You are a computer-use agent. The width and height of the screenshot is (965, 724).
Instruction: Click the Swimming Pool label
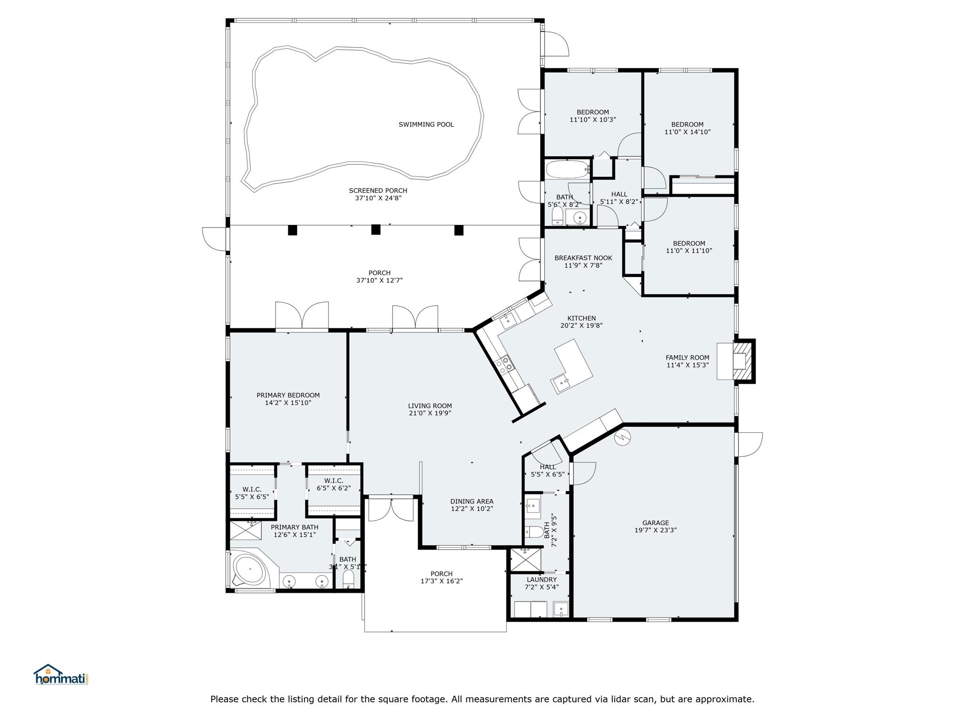point(426,124)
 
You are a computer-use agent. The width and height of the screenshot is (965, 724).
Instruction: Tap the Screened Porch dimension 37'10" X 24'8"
point(378,198)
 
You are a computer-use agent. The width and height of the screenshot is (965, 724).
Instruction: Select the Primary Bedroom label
point(288,395)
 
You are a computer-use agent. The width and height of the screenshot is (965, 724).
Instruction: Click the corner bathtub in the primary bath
point(250,572)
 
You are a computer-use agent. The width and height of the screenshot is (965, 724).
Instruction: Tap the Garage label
point(655,523)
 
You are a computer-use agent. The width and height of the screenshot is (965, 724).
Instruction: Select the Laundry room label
point(541,579)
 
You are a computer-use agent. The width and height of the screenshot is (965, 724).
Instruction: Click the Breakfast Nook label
point(583,258)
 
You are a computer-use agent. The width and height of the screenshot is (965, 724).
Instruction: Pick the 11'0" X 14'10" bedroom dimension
point(687,132)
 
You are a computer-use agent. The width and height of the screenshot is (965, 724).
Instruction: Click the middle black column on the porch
point(376,230)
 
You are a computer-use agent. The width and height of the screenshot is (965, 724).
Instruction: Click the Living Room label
point(430,405)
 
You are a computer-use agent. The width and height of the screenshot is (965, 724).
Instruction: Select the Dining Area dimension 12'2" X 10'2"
point(472,509)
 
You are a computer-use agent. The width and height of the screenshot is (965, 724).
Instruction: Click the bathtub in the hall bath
point(567,169)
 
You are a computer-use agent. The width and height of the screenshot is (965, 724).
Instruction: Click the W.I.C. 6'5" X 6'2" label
point(333,484)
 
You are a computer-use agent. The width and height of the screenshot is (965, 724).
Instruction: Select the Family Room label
point(687,357)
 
